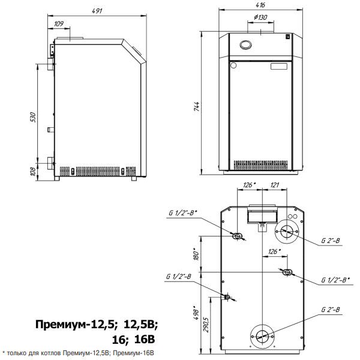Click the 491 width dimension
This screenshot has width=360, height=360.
pos(97,11)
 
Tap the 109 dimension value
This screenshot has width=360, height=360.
pos(59,23)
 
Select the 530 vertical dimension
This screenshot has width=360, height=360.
pos(33,117)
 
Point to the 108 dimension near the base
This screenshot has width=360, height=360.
pos(33,172)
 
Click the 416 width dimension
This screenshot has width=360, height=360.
pos(260,5)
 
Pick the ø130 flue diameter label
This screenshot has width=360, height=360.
pos(260,17)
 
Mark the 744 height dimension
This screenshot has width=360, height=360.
pos(197,107)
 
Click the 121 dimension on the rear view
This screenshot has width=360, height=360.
pos(275,185)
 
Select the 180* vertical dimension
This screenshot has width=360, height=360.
pos(196,254)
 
